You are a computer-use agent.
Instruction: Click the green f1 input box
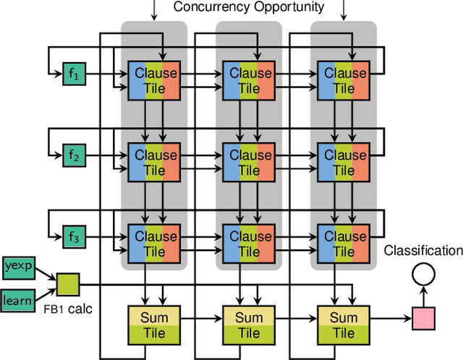[x=73, y=74]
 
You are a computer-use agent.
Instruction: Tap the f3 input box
[x=73, y=237]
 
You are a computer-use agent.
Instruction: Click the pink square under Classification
[x=424, y=317]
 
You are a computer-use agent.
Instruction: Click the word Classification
[x=423, y=251]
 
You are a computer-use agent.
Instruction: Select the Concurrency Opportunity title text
[x=249, y=8]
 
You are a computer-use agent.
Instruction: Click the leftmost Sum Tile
[x=153, y=325]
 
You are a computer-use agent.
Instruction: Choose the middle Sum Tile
[x=248, y=325]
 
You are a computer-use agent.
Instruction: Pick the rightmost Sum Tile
[x=343, y=325]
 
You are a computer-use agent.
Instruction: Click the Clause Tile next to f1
[x=153, y=80]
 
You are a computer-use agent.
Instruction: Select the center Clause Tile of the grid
[x=248, y=162]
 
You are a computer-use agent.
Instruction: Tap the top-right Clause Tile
[x=343, y=80]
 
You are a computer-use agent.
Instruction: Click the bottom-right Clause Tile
[x=343, y=243]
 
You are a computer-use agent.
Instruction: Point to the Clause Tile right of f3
[x=153, y=243]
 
